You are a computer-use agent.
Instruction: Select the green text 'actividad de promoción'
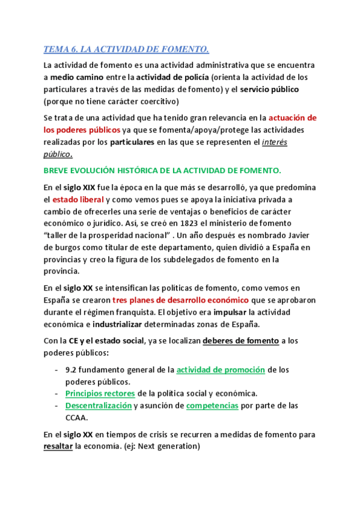point(220,370)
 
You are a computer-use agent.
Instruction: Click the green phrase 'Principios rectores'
point(100,393)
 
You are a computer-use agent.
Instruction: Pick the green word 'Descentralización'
point(98,405)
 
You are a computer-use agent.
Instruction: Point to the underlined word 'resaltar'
point(58,446)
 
